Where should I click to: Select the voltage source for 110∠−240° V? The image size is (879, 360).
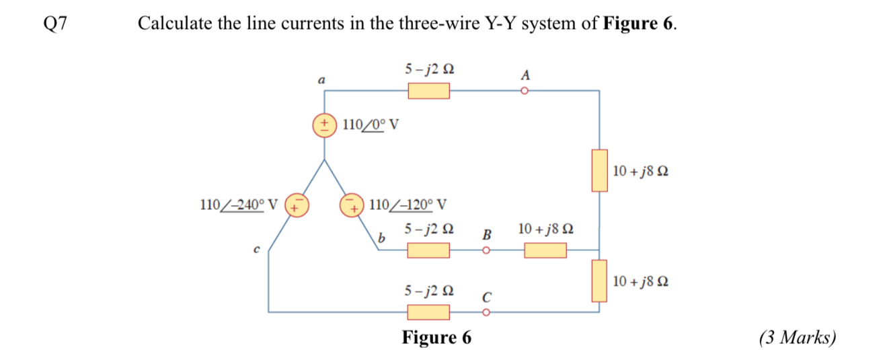pos(297,205)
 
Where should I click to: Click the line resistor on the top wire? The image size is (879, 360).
pos(428,91)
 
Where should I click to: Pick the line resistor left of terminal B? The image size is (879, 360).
pos(428,252)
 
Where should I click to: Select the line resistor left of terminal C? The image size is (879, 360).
pos(428,312)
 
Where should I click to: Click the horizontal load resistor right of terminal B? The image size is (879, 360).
pos(545,252)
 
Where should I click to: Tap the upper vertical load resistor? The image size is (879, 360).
pos(600,171)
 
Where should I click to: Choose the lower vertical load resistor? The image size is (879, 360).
pos(600,281)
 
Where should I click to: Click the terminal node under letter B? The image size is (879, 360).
pos(486,252)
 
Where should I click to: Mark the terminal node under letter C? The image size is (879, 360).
pos(486,312)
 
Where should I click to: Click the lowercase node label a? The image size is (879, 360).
pos(321,80)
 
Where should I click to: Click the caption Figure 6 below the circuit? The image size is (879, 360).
pos(436,337)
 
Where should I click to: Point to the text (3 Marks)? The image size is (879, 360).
pos(798,338)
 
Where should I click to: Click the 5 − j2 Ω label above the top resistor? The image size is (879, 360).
pos(428,69)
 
